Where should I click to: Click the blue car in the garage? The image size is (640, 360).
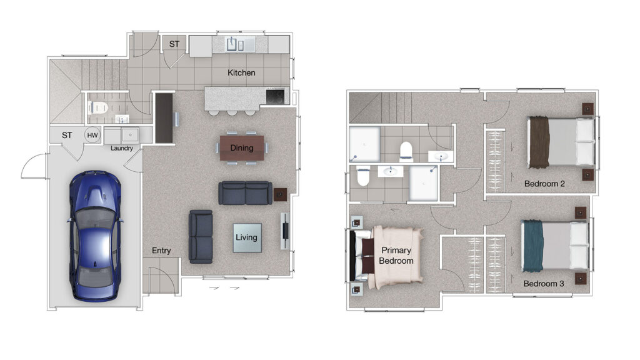pyautogui.click(x=95, y=236)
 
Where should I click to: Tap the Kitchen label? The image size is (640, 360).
pyautogui.click(x=241, y=72)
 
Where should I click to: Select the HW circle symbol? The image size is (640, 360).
pyautogui.click(x=92, y=135)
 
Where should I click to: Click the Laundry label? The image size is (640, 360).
pyautogui.click(x=122, y=148)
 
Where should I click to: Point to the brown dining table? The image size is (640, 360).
pyautogui.click(x=242, y=147)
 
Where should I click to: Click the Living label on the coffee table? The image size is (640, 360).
pyautogui.click(x=246, y=237)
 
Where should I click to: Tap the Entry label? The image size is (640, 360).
pyautogui.click(x=161, y=251)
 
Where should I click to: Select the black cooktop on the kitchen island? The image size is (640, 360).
pyautogui.click(x=276, y=97)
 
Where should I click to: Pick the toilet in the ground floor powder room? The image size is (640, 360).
pyautogui.click(x=97, y=107)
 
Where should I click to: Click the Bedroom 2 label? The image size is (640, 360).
pyautogui.click(x=544, y=184)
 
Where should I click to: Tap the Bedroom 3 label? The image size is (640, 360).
pyautogui.click(x=544, y=284)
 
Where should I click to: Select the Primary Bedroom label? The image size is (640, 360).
pyautogui.click(x=396, y=256)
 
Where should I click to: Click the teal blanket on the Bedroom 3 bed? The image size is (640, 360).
pyautogui.click(x=533, y=246)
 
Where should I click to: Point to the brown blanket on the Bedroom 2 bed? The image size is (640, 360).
pyautogui.click(x=539, y=142)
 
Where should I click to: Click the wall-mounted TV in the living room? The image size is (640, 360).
pyautogui.click(x=285, y=231)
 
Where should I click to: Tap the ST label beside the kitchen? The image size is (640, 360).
pyautogui.click(x=174, y=44)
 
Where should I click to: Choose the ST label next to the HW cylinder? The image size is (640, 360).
pyautogui.click(x=67, y=135)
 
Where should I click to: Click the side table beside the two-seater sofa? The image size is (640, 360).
pyautogui.click(x=280, y=195)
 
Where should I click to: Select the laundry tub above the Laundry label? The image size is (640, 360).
pyautogui.click(x=130, y=135)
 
